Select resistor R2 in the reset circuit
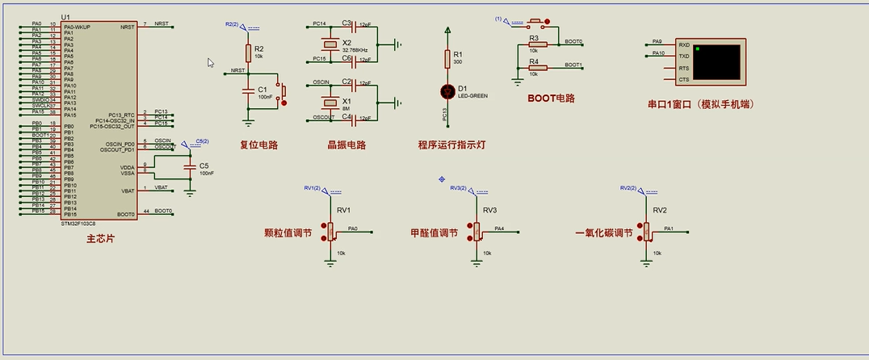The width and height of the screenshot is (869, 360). [x=248, y=52]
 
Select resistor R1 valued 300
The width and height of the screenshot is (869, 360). [x=447, y=58]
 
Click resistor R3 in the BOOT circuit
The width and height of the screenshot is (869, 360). [x=538, y=45]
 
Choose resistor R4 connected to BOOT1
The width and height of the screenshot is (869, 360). [x=538, y=68]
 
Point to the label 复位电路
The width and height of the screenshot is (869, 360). [x=258, y=145]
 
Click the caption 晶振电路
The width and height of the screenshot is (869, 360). [x=346, y=145]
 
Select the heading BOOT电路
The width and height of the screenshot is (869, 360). [x=551, y=98]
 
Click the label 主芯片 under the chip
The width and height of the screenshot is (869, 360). [x=99, y=239]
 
